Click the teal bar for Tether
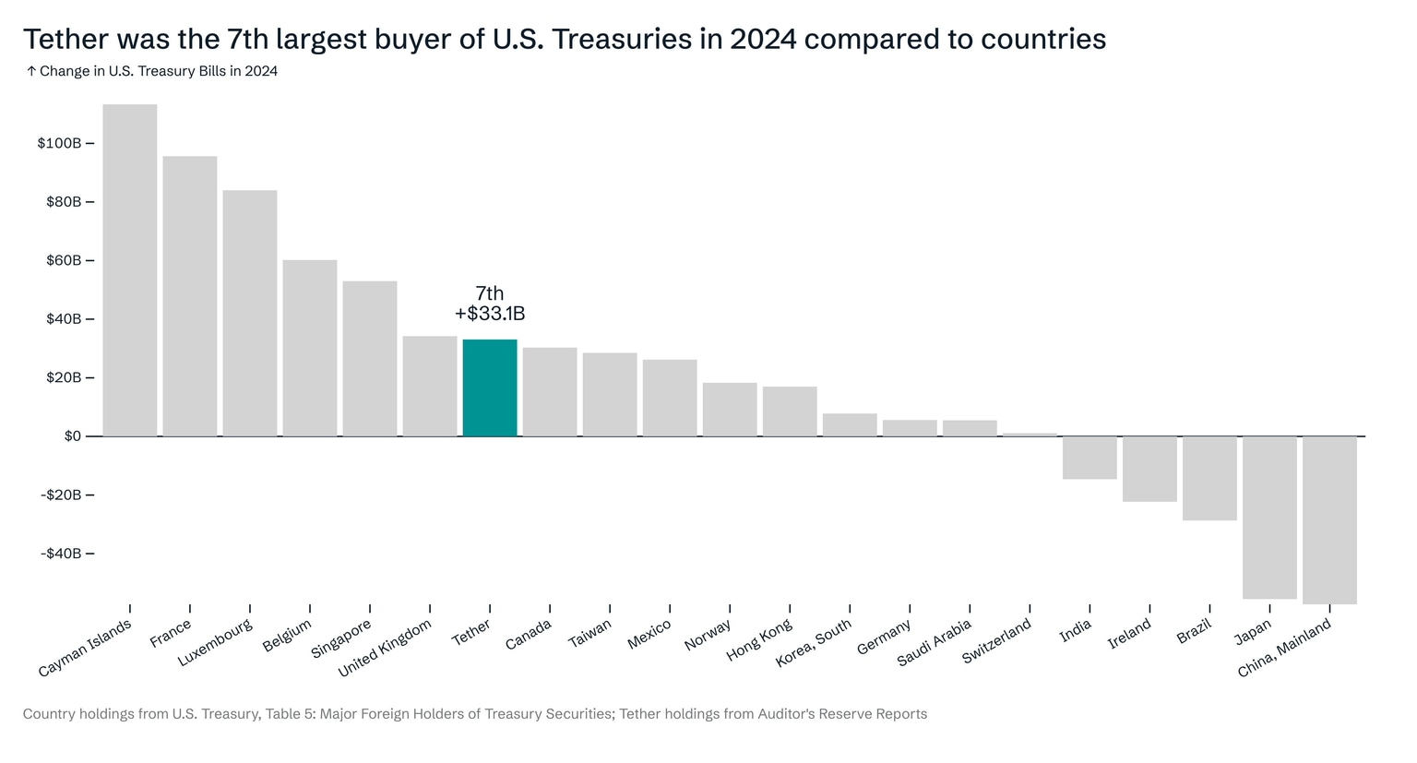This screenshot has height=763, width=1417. tap(490, 387)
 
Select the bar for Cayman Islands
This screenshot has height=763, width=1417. tap(130, 269)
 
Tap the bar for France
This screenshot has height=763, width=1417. tap(190, 295)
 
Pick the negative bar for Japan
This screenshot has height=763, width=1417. tap(1269, 517)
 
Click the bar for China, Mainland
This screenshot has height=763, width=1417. tap(1329, 519)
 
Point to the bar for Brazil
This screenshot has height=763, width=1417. tap(1209, 478)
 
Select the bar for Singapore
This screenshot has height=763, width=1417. tap(370, 358)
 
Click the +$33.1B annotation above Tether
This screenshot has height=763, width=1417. tap(490, 314)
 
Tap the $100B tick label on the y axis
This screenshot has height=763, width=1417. tap(59, 143)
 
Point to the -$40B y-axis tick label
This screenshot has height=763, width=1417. tap(61, 554)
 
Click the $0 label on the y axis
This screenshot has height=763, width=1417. tap(73, 436)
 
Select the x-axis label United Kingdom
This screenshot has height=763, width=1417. tap(386, 649)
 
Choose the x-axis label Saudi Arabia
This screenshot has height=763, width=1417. tap(935, 643)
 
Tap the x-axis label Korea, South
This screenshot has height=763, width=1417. tap(814, 644)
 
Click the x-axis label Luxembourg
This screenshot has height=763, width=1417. tap(216, 643)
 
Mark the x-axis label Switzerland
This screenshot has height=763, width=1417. tap(997, 642)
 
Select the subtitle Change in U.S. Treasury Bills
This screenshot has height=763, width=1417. tap(158, 71)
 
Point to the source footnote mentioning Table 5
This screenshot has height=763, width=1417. tap(474, 714)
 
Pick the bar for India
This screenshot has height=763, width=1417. tap(1090, 458)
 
